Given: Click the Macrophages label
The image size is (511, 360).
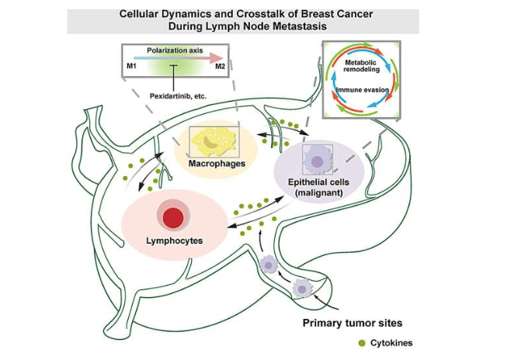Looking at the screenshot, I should pyautogui.click(x=217, y=164).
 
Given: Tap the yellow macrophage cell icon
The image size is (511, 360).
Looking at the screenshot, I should pyautogui.click(x=214, y=140).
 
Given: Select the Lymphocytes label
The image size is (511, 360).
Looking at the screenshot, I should pyautogui.click(x=175, y=241).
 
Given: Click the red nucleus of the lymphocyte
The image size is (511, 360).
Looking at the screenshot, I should pyautogui.click(x=174, y=216).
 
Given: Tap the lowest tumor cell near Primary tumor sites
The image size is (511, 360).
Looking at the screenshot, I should pyautogui.click(x=301, y=289).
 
